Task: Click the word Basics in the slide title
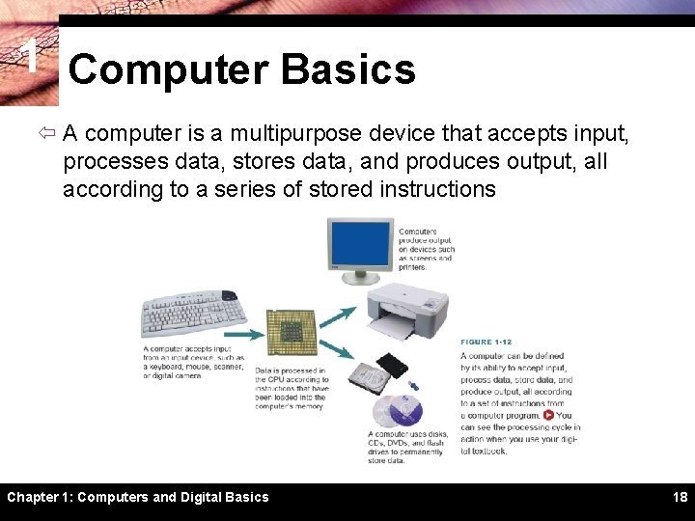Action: tap(347, 70)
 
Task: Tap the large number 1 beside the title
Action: tap(30, 58)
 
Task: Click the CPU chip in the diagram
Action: tap(292, 332)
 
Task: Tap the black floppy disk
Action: tap(393, 366)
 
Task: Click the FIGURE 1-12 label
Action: tap(486, 343)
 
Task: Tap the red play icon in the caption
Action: tap(548, 415)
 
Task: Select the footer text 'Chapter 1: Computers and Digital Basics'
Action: tap(138, 497)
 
